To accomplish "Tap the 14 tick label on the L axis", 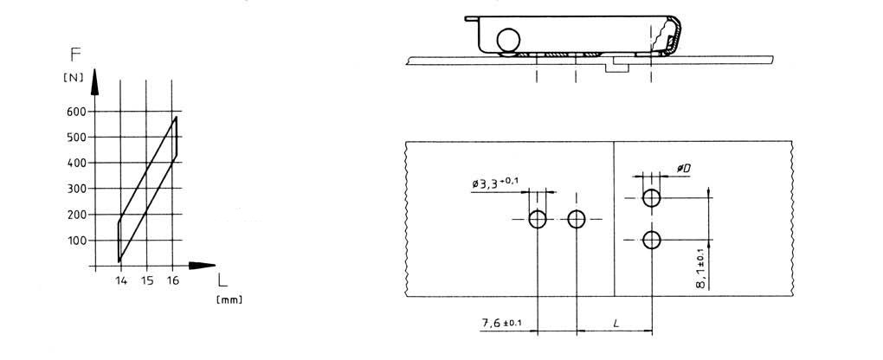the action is point(121,280).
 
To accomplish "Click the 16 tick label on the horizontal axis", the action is point(173,280).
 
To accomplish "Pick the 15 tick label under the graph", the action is point(146,280).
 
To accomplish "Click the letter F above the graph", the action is point(75,55).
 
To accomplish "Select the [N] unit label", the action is point(74,78).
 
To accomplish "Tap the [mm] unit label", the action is point(229,300).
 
